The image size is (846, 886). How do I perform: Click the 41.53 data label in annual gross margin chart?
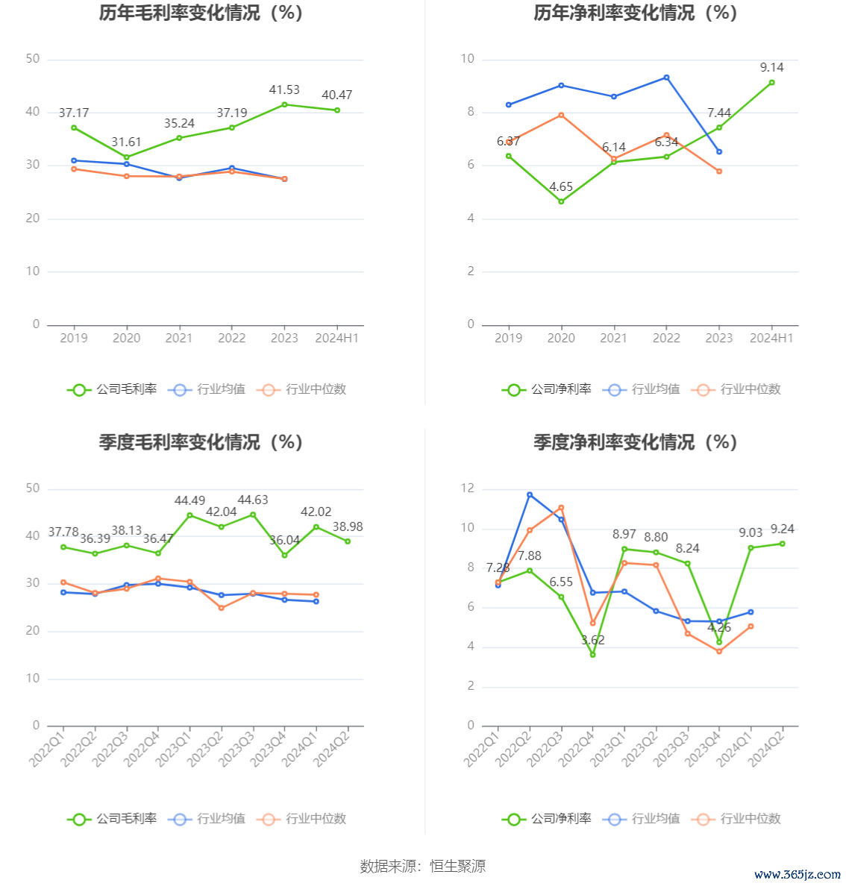(x=284, y=90)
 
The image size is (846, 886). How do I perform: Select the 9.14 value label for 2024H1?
(x=771, y=68)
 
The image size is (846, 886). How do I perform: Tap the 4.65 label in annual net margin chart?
(x=561, y=187)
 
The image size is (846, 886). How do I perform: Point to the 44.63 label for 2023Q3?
(x=253, y=500)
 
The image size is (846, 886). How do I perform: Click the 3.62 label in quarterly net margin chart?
(x=592, y=641)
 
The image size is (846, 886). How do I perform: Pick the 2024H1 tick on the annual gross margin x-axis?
(x=337, y=339)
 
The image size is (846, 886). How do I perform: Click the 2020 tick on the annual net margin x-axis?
(x=561, y=339)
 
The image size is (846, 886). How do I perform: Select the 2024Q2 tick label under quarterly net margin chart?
(x=766, y=747)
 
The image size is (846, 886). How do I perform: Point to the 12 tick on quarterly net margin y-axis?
(x=468, y=488)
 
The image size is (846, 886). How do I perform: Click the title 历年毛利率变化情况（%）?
(x=201, y=13)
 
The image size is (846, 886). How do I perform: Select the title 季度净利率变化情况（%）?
(x=635, y=442)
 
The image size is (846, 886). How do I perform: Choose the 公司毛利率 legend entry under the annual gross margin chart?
(x=113, y=389)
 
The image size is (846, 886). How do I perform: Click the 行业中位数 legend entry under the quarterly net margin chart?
(x=737, y=819)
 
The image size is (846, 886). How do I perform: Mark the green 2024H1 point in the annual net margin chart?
(x=771, y=83)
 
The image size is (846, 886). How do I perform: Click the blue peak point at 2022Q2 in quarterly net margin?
(x=530, y=494)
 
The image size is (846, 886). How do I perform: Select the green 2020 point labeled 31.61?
(x=126, y=157)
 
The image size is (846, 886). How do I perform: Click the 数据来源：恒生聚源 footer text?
(x=423, y=867)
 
